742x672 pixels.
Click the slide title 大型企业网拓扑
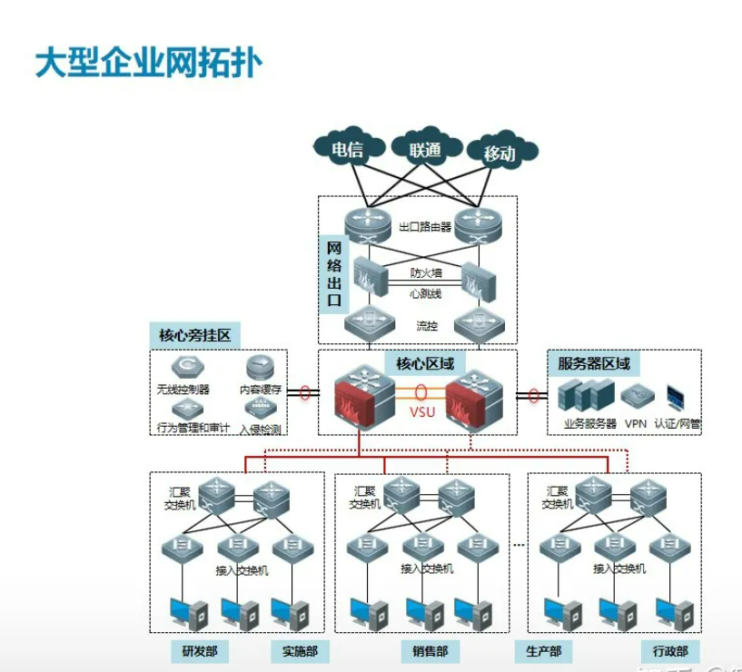pyautogui.click(x=149, y=64)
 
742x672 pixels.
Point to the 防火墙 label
pyautogui.click(x=425, y=272)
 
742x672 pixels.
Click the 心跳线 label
pyautogui.click(x=425, y=293)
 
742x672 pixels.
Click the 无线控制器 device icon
pyautogui.click(x=186, y=367)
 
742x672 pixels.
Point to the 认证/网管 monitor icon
pyautogui.click(x=678, y=396)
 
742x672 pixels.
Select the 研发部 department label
pyautogui.click(x=199, y=651)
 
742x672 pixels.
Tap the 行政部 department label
pyautogui.click(x=670, y=651)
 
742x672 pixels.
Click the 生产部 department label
pyautogui.click(x=543, y=651)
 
